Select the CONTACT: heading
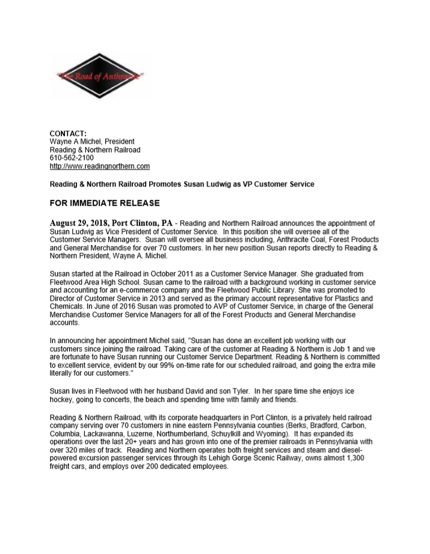tap(68, 133)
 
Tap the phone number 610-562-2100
tap(72, 158)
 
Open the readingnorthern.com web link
tap(99, 166)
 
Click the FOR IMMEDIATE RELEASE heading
tap(104, 203)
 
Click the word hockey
tap(61, 400)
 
